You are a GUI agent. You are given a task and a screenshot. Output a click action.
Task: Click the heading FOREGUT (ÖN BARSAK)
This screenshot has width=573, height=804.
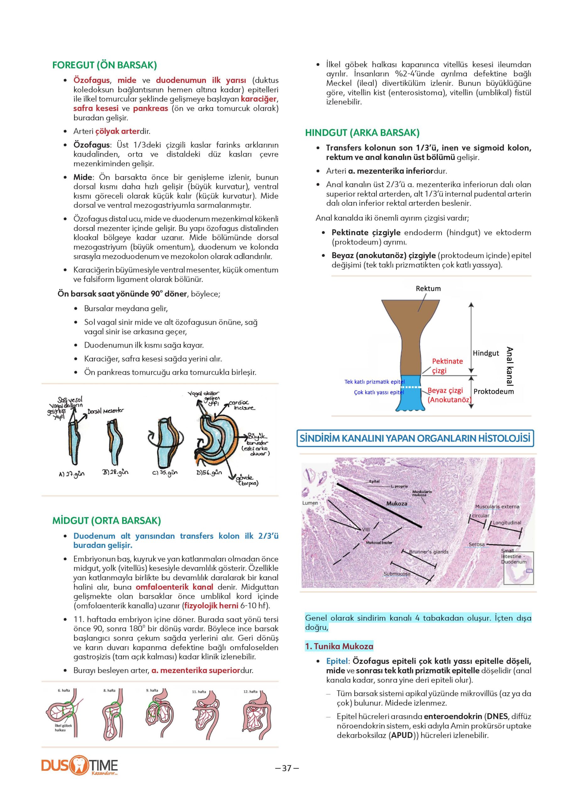point(105,65)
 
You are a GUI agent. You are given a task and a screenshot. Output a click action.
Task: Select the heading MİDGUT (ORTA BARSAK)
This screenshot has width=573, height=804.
point(106,521)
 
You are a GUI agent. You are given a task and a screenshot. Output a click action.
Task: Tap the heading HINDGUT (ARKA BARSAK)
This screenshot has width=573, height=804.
point(362,133)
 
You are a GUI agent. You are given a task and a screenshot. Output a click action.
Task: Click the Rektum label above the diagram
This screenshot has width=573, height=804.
point(428,288)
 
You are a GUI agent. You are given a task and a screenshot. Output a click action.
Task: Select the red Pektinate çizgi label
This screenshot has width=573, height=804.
point(447,366)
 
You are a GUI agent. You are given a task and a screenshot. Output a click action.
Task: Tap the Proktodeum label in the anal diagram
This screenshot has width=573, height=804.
point(493,391)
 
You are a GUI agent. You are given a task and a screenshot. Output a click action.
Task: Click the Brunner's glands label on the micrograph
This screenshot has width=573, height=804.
point(428,551)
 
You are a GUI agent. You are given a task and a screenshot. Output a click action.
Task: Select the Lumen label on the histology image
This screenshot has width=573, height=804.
point(310,503)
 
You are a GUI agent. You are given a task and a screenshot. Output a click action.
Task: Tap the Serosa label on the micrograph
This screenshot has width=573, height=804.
point(476,544)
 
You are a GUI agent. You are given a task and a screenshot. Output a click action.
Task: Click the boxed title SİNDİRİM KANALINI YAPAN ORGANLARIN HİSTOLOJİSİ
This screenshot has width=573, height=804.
point(415,438)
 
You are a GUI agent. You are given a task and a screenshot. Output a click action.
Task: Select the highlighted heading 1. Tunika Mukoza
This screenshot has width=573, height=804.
point(339,646)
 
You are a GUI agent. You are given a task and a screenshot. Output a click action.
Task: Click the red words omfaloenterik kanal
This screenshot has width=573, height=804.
point(174,587)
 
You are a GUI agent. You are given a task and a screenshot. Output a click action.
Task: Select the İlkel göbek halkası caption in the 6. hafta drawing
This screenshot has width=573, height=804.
point(63,727)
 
